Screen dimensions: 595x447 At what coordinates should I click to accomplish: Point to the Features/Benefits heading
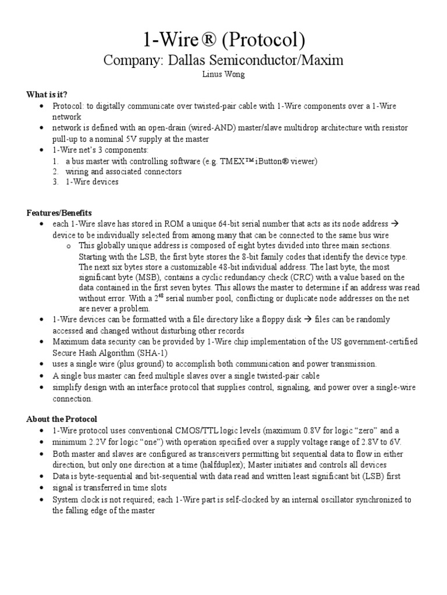coord(59,213)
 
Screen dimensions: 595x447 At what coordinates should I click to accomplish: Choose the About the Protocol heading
coord(62,419)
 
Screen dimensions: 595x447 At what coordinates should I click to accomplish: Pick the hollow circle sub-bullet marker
coord(69,246)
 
